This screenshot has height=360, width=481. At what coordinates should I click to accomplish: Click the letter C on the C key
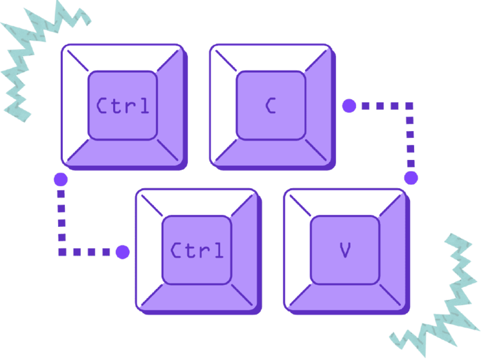(270, 106)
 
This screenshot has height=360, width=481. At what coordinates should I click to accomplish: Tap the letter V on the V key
(345, 250)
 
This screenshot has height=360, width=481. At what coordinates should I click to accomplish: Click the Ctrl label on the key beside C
(122, 106)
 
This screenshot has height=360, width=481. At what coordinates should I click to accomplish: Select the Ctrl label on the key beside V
(197, 250)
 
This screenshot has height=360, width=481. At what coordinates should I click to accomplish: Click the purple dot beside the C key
(349, 106)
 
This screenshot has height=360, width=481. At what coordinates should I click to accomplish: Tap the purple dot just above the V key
(411, 178)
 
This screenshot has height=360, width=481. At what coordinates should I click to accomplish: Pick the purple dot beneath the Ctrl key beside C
(60, 179)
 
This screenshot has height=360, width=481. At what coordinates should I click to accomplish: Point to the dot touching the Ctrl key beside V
(122, 252)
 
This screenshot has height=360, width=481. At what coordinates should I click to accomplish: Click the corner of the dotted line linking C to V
(410, 106)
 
